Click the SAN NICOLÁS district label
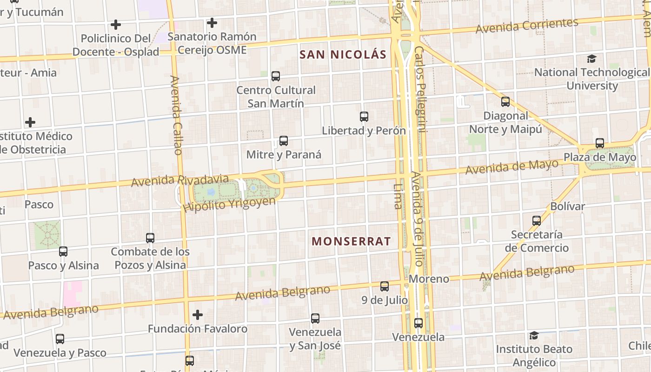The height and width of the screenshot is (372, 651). tap(343, 54)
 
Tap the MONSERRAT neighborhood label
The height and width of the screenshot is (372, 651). tap(351, 241)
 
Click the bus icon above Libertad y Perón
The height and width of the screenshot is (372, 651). tap(364, 117)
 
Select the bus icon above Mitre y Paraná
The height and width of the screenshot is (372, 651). tap(284, 141)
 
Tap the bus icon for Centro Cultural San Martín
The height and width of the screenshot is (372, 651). tap(276, 76)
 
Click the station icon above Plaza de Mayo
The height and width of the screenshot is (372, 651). tap(600, 143)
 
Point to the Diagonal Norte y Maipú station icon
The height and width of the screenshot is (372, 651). tap(505, 102)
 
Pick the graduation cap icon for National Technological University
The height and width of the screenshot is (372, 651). tap(591, 59)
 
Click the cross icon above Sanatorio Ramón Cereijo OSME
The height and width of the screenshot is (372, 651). tap(212, 22)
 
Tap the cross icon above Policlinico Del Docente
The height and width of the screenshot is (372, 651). tap(116, 24)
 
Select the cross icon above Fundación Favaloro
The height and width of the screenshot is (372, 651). tap(198, 315)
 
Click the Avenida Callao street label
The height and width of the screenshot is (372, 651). tap(176, 115)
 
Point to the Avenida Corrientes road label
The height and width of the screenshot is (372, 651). tap(527, 26)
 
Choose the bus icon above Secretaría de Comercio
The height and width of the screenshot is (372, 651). tap(537, 221)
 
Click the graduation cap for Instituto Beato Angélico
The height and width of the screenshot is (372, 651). tap(534, 335)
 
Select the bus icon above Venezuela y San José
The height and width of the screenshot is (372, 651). tap(315, 319)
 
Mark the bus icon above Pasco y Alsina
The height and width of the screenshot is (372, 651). tap(63, 252)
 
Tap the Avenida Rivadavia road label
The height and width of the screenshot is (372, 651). tap(180, 180)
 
